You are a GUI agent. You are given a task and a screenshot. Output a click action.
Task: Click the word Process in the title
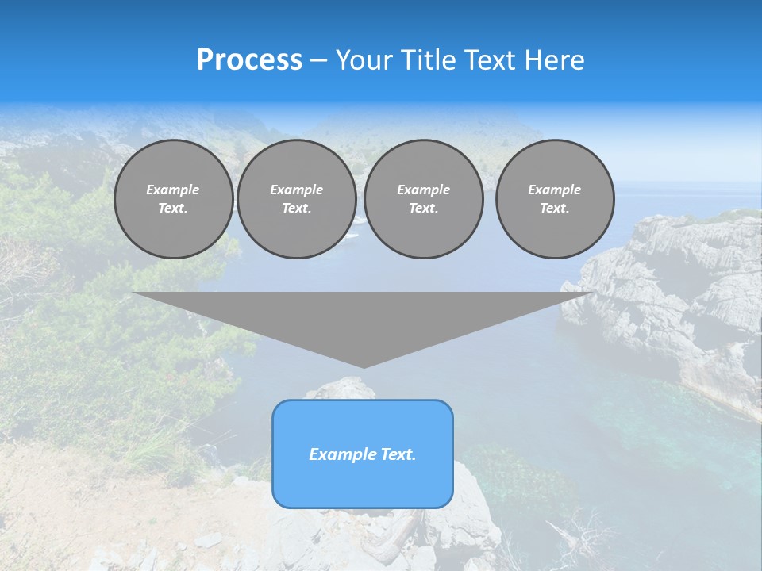[249, 60]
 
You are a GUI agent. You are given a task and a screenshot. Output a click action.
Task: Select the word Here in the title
[556, 60]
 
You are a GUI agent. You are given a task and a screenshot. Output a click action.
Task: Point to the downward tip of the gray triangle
[364, 366]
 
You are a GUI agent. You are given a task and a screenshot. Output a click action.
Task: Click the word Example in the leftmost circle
[173, 190]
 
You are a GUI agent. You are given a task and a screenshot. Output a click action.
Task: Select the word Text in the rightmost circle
[554, 208]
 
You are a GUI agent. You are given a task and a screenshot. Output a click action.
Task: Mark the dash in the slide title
[318, 60]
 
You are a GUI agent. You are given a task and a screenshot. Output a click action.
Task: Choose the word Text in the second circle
[296, 208]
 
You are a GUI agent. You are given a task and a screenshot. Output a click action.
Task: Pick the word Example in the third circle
[423, 190]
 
